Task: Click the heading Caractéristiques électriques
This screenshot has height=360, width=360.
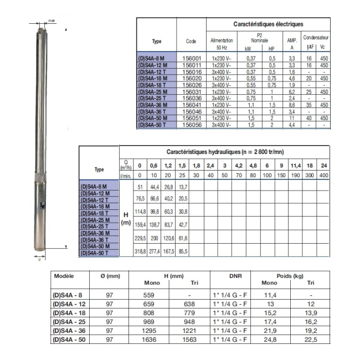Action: [268, 24]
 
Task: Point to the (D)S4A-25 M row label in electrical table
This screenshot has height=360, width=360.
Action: [156, 92]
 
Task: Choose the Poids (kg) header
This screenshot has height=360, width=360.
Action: [290, 275]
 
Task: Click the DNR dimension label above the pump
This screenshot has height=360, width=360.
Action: [52, 20]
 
